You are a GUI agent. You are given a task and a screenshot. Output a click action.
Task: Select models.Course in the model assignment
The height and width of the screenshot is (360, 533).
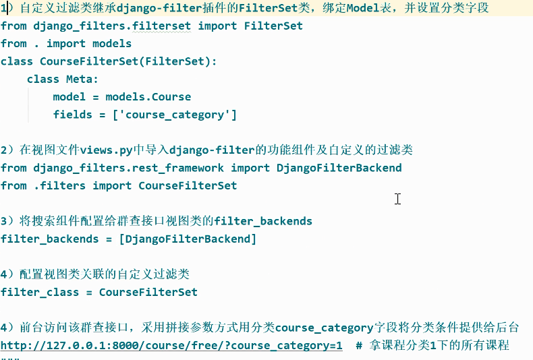tap(148, 96)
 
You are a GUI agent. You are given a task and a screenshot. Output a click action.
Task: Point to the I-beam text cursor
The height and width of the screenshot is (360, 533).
tap(398, 199)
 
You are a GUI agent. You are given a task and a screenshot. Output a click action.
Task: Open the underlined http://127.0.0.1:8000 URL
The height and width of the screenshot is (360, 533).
tap(171, 345)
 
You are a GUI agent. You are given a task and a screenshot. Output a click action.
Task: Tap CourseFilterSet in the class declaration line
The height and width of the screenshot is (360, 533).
tap(88, 61)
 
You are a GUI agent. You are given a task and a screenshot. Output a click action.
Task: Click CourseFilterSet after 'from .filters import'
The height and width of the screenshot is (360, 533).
tap(188, 185)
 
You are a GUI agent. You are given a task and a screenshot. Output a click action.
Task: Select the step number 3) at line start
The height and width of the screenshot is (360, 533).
tap(7, 221)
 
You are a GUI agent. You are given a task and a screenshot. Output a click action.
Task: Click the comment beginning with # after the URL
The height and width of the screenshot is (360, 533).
tap(432, 345)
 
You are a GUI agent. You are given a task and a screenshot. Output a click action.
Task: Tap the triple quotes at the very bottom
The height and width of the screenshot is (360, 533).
tap(10, 357)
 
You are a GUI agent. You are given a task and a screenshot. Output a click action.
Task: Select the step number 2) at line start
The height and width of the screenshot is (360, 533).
tap(7, 150)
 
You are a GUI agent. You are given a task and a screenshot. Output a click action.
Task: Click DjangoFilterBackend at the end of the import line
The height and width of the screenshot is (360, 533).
tap(339, 168)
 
